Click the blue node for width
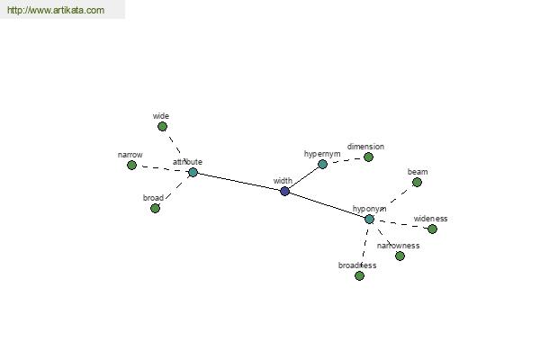(284, 191)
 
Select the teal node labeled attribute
(193, 172)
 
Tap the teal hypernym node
(322, 165)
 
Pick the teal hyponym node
(369, 219)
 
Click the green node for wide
(162, 127)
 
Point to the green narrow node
(131, 166)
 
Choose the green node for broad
(155, 209)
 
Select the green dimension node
(368, 157)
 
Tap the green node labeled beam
(417, 182)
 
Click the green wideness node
(432, 229)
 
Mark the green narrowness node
(400, 256)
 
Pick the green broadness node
(359, 275)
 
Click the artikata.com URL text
(56, 10)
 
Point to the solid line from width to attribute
(239, 182)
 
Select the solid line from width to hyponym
(327, 205)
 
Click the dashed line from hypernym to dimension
(346, 160)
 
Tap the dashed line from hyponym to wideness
(400, 224)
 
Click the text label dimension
(365, 147)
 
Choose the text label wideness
(430, 219)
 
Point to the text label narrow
(130, 155)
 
